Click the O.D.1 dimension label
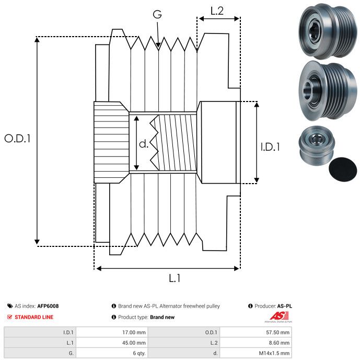coord(17,139)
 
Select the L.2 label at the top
coord(217,10)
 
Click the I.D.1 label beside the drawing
coord(270,148)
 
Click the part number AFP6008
coord(48,306)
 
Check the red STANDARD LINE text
coord(34,317)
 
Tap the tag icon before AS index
coord(10,306)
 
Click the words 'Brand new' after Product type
coord(162,317)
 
